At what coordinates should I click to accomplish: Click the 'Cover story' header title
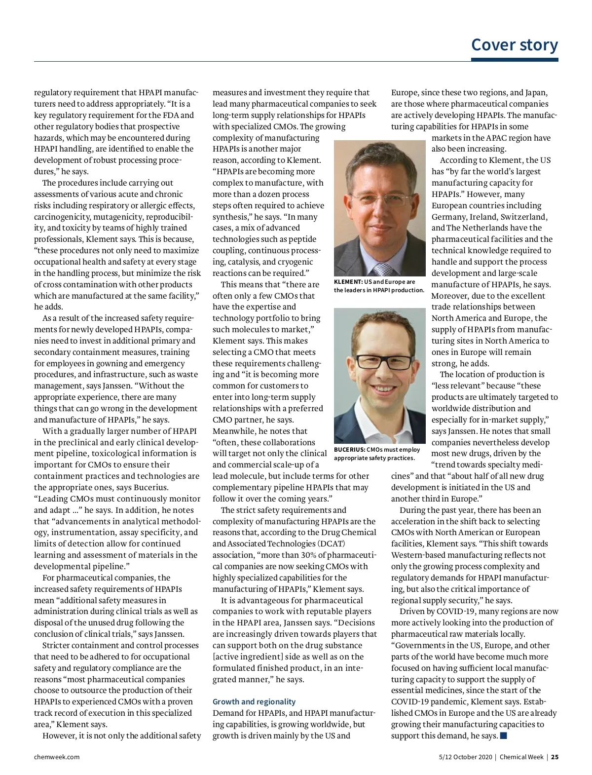pyautogui.click(x=514, y=44)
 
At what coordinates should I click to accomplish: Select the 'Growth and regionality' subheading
pyautogui.click(x=254, y=701)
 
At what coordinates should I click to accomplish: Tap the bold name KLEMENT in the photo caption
pyautogui.click(x=348, y=282)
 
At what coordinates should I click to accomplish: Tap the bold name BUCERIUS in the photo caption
pyautogui.click(x=349, y=450)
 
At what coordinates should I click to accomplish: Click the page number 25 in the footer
pyautogui.click(x=555, y=757)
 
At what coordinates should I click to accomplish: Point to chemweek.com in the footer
pyautogui.click(x=57, y=757)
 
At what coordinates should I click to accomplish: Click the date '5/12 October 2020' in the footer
pyautogui.click(x=465, y=757)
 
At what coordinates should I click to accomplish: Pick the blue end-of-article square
pyautogui.click(x=503, y=736)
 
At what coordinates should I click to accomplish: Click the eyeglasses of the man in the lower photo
pyautogui.click(x=384, y=362)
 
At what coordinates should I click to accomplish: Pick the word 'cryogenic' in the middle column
pyautogui.click(x=295, y=262)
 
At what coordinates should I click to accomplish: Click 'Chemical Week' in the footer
pyautogui.click(x=521, y=757)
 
